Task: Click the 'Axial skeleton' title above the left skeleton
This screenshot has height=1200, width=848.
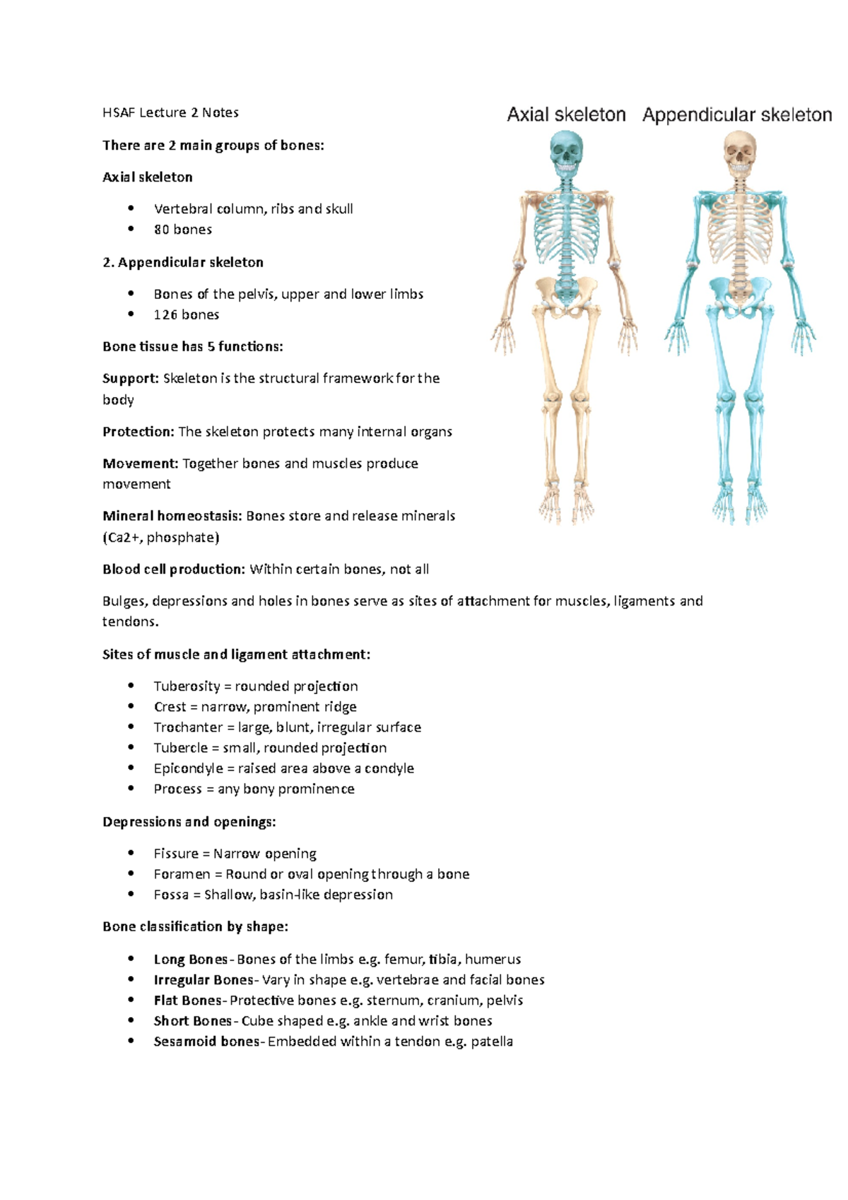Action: click(566, 114)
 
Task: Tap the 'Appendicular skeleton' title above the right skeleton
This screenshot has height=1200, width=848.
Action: click(737, 114)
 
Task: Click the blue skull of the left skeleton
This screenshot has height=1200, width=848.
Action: click(565, 152)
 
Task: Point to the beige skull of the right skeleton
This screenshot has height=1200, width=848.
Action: click(739, 152)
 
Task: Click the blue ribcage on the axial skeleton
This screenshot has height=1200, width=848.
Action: click(565, 226)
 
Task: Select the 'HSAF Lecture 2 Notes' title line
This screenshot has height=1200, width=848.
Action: click(170, 112)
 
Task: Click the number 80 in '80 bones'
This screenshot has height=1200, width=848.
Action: click(162, 230)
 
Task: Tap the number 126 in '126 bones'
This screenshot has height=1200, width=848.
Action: click(165, 315)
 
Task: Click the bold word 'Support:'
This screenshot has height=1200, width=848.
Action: click(131, 379)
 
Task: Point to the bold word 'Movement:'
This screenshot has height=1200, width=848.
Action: click(140, 464)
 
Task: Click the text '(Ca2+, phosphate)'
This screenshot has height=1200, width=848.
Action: click(161, 538)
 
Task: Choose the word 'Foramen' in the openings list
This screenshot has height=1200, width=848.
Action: click(182, 874)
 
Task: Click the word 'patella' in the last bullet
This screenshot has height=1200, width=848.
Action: click(492, 1042)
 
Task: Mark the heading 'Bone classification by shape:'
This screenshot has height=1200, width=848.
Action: click(195, 927)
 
